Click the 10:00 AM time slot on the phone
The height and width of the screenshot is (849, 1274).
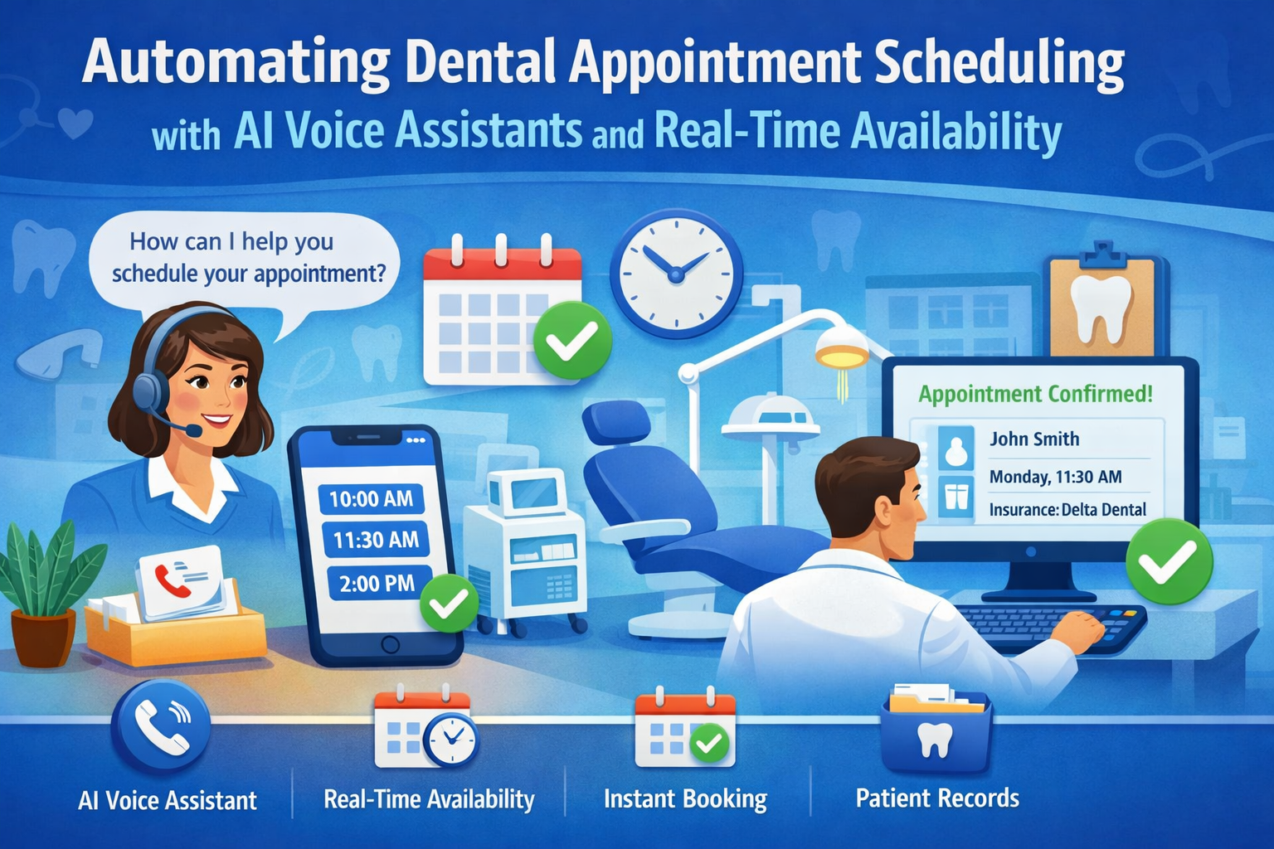pos(371,498)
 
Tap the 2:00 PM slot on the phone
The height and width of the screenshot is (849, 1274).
pos(377,583)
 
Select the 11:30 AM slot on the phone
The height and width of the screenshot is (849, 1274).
pos(375,540)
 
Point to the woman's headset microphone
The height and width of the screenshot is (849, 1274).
pos(192,430)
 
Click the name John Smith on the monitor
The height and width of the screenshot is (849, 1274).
pos(1034,439)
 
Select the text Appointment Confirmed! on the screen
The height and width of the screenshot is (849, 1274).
pos(1035,394)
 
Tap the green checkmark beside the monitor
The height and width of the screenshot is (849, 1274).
pos(1169,561)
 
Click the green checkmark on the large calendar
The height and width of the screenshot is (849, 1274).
pos(572,341)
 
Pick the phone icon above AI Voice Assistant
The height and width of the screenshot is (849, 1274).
pos(160,726)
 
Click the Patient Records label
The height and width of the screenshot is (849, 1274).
pos(937,798)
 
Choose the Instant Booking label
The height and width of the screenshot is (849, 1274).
pos(685,798)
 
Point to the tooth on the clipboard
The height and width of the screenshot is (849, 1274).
pos(1101,307)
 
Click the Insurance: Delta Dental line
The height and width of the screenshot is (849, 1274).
pos(1067,509)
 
